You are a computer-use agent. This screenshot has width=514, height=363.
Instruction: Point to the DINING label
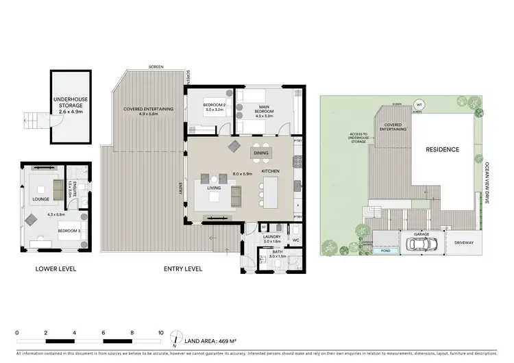click(261, 153)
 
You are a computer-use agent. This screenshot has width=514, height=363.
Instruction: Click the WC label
click(296, 240)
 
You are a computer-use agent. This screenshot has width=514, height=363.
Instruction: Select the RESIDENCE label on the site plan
click(442, 149)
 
